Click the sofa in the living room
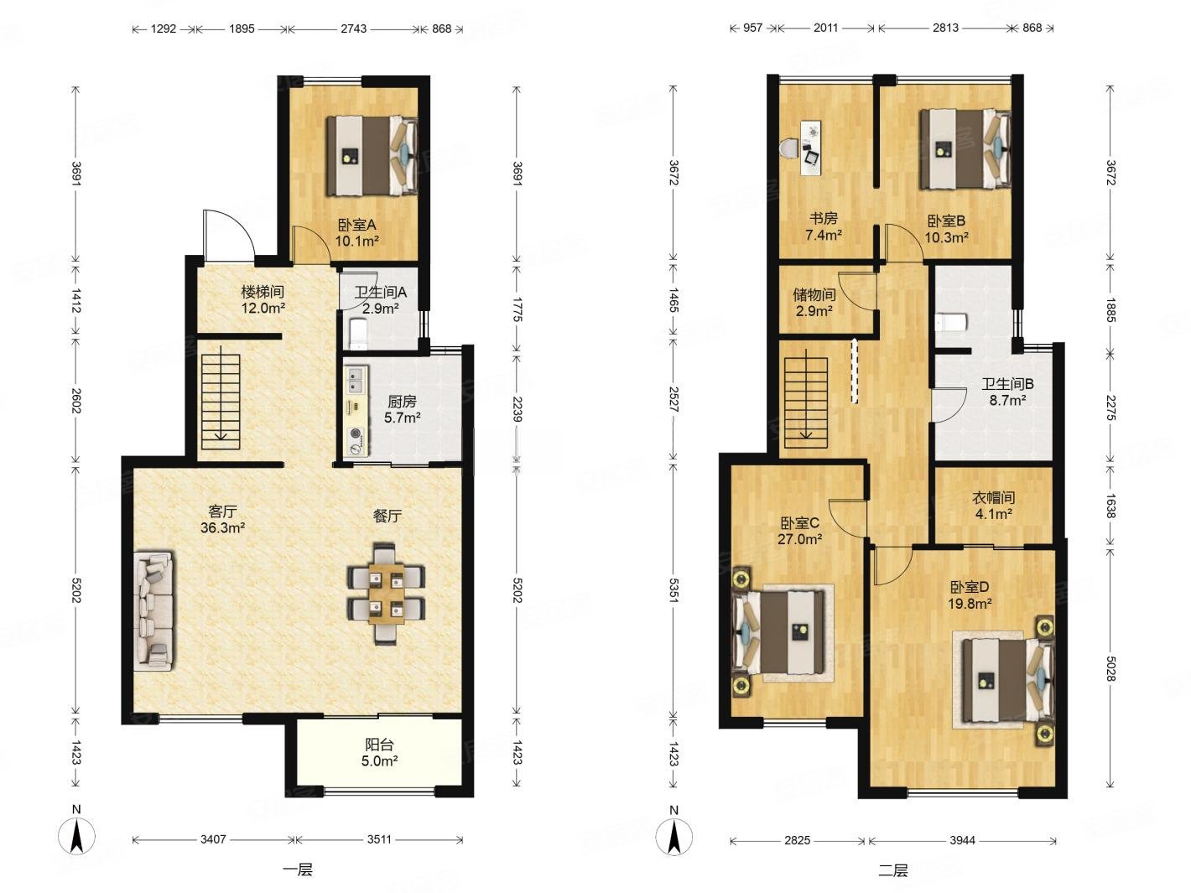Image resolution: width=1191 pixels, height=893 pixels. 154,611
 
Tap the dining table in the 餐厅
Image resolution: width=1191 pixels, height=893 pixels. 387,594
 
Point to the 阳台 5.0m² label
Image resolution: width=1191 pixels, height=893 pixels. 379,753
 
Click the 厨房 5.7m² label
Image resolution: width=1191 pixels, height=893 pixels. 402,409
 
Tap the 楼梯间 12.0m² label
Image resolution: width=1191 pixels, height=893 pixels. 263,300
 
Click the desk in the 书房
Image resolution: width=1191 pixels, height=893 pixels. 811,148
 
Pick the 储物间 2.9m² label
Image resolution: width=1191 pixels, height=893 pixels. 814,303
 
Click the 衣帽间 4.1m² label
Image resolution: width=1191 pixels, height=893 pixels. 992,506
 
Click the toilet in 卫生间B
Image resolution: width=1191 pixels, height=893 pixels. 950,322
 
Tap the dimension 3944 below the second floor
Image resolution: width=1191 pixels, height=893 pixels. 962,840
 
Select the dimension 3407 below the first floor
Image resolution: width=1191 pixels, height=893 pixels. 213,839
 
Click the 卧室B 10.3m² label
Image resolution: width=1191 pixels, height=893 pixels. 946,229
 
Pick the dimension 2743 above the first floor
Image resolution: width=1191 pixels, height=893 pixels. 353,29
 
